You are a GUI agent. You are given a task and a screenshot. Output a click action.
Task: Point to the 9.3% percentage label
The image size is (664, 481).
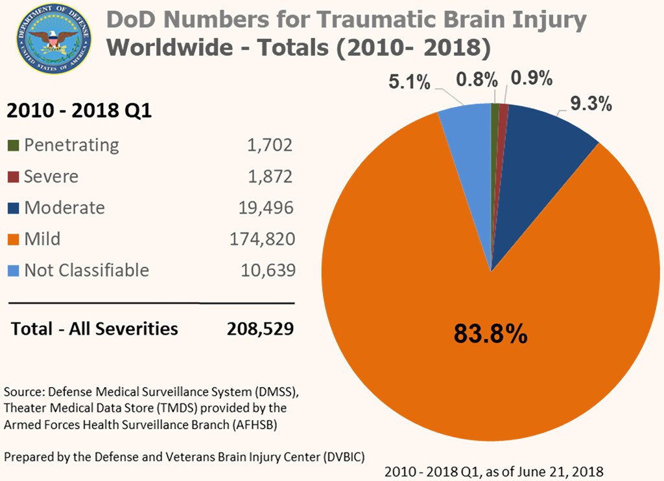click(591, 104)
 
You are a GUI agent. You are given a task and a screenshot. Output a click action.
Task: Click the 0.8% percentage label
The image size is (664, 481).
click(477, 80)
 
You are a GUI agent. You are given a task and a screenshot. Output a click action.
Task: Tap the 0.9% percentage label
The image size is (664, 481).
click(532, 79)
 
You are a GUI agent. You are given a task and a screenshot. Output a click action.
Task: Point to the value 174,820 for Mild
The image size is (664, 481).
click(261, 239)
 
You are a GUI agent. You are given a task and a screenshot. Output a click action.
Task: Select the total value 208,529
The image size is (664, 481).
click(260, 328)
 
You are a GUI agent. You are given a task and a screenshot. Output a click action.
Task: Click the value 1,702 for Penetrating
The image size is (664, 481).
click(269, 145)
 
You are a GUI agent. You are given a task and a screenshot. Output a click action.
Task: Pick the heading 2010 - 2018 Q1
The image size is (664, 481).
click(78, 111)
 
